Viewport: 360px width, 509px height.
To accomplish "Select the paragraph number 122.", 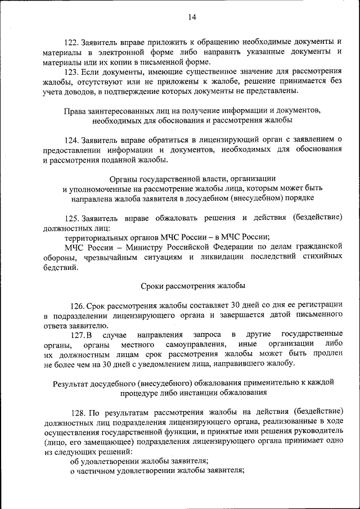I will click(72, 42).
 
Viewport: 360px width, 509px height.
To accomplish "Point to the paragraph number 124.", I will click(72, 139).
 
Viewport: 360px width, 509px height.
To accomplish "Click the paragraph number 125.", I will click(72, 217).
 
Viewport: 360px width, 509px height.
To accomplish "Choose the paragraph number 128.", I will click(77, 412).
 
